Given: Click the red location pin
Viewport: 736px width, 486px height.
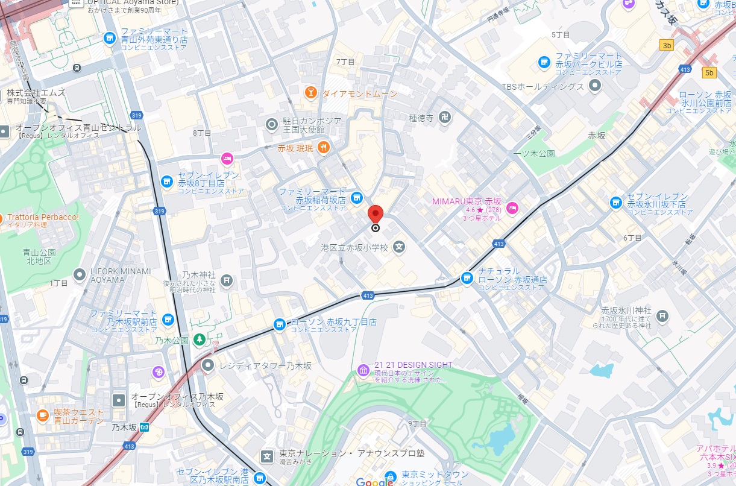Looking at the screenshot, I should (376, 214).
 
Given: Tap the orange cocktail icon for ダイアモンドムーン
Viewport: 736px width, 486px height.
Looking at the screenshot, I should (310, 93).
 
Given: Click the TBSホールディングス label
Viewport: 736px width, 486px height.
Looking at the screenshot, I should (543, 86).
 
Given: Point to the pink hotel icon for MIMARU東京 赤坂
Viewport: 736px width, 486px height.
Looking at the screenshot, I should (512, 209).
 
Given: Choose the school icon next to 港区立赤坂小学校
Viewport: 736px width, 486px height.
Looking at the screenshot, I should (399, 247).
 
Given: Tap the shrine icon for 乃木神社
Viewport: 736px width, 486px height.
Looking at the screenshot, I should (226, 280).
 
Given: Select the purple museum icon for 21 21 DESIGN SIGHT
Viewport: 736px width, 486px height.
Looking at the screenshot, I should (363, 369).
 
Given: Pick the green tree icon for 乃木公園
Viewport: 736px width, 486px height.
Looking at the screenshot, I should (199, 341).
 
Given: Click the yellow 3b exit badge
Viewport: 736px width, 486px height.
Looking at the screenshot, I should (666, 45).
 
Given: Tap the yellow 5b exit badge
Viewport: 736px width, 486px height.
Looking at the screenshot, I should (709, 73).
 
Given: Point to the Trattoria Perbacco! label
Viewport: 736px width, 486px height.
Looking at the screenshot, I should (42, 217).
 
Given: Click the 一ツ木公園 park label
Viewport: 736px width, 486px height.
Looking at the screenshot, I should (533, 154).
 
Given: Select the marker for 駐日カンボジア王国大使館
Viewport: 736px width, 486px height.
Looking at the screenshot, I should (271, 125).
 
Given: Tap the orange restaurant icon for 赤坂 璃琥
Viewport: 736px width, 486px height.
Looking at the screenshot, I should (324, 147).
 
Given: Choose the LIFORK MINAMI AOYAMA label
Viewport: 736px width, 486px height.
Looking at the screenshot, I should (121, 276).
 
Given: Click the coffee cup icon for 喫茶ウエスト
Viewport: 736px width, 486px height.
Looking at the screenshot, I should (42, 415).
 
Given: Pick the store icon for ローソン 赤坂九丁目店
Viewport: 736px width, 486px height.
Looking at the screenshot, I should (279, 324).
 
